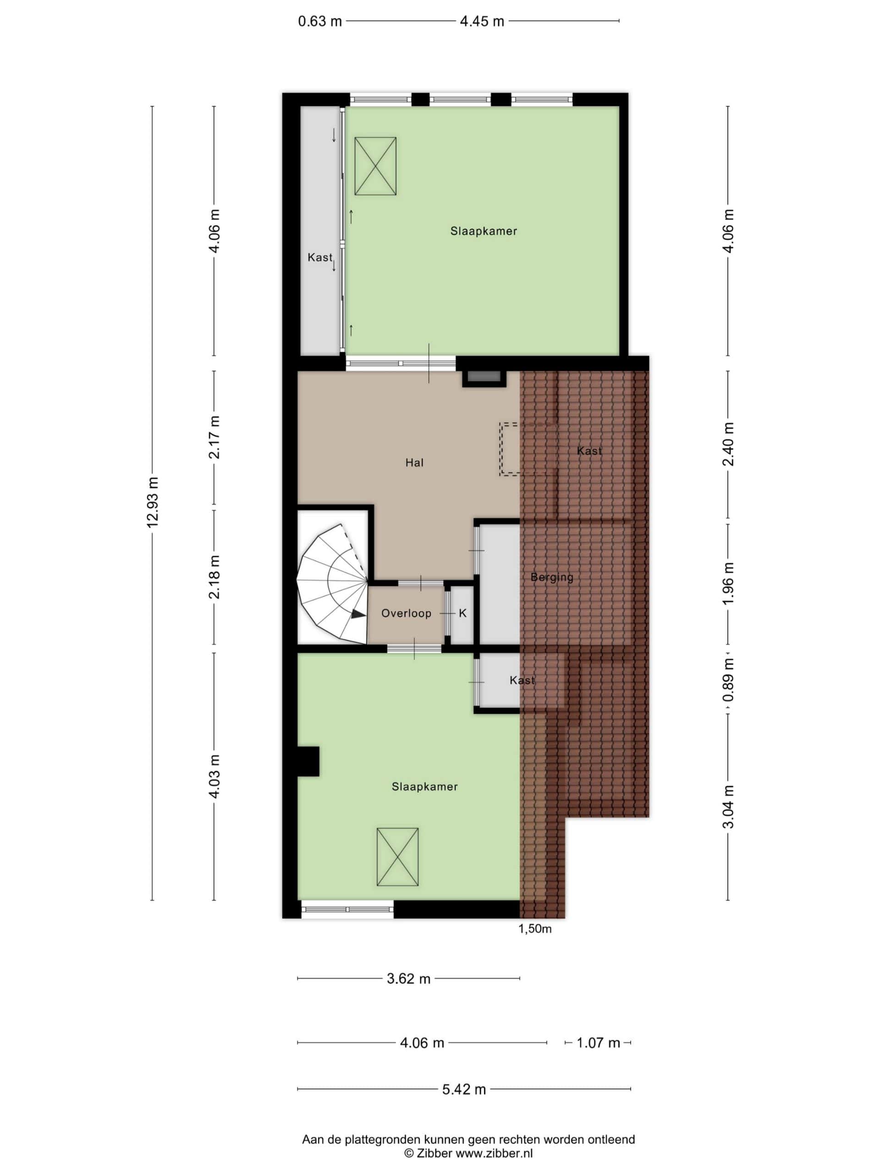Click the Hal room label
(x=414, y=462)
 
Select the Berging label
(x=552, y=577)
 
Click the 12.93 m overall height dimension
(x=153, y=502)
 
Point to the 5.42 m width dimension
(x=464, y=1089)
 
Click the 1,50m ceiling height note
(x=535, y=928)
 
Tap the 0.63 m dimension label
(x=320, y=22)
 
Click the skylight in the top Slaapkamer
(x=375, y=166)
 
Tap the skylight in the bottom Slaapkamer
(x=397, y=857)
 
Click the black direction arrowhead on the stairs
(x=358, y=614)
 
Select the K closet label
(x=462, y=613)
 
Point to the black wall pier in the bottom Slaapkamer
(x=308, y=762)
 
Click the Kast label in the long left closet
(x=320, y=257)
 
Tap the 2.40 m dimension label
(x=728, y=444)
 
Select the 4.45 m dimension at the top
(x=482, y=22)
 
